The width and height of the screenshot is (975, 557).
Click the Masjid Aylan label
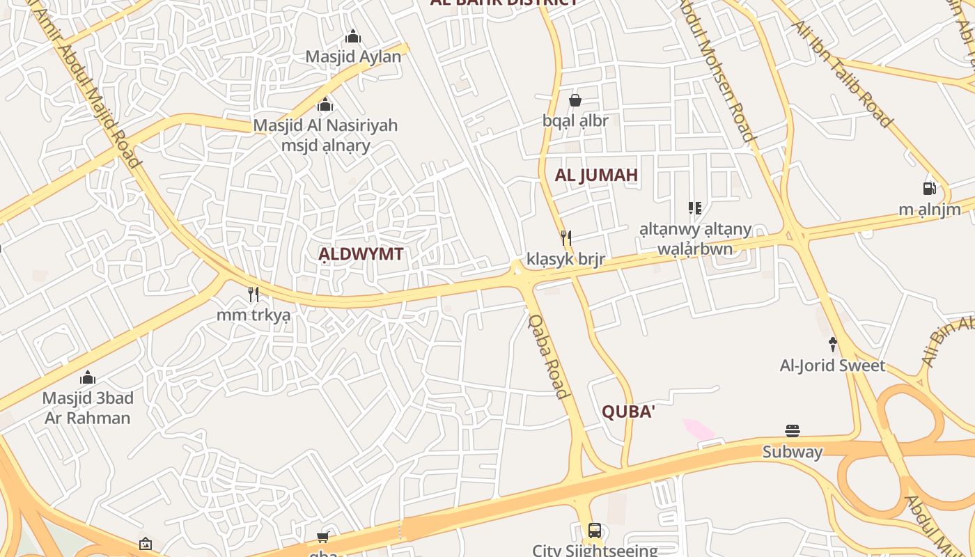click(x=353, y=57)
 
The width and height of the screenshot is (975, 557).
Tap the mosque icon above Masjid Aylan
click(x=353, y=36)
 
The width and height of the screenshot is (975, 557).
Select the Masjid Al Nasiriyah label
click(x=325, y=125)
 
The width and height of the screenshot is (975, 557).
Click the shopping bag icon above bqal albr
click(x=575, y=100)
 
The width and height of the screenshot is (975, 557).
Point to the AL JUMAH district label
click(x=596, y=175)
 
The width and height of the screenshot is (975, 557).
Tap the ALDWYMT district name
click(x=361, y=254)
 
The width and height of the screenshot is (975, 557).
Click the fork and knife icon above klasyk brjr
click(x=566, y=239)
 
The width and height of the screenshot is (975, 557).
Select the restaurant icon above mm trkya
click(x=253, y=295)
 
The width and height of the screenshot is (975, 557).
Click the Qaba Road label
click(x=548, y=356)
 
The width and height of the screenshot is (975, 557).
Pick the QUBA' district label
click(x=628, y=412)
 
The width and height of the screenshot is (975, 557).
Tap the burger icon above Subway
click(x=793, y=431)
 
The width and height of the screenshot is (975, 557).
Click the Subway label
click(x=793, y=452)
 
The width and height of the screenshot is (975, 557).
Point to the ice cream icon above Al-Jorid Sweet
click(x=832, y=344)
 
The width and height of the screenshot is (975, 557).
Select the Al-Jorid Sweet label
click(x=832, y=366)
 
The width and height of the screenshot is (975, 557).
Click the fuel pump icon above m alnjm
click(x=929, y=188)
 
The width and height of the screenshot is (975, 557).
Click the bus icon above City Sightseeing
click(x=595, y=531)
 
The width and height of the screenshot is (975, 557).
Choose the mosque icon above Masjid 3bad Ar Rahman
click(x=88, y=377)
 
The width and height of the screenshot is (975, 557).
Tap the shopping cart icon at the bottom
click(x=322, y=537)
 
